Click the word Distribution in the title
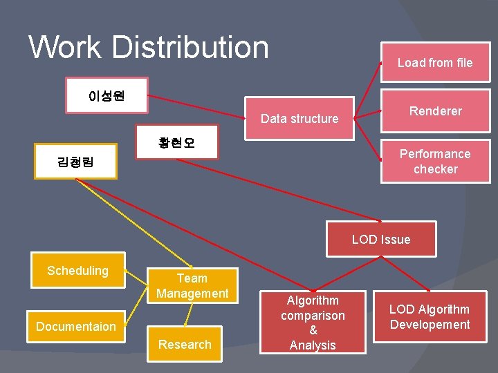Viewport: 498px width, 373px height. click(x=190, y=47)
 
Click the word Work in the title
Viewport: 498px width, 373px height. click(x=66, y=47)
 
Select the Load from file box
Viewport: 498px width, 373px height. click(x=435, y=63)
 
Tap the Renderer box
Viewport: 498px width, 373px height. click(x=435, y=111)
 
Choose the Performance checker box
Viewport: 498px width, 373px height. click(x=435, y=161)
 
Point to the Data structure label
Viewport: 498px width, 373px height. click(x=299, y=119)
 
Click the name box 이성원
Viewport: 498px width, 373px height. click(x=107, y=95)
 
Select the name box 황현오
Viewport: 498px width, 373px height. click(x=176, y=142)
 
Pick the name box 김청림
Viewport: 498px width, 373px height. click(x=76, y=162)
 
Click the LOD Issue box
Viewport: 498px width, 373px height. click(x=381, y=240)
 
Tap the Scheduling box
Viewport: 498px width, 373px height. click(x=77, y=270)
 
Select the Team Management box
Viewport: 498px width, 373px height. click(x=192, y=285)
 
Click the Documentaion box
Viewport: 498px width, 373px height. click(x=76, y=326)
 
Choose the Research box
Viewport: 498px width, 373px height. click(x=185, y=344)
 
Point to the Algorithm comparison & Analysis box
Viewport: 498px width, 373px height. click(x=313, y=323)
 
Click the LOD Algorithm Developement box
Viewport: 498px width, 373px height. click(x=430, y=317)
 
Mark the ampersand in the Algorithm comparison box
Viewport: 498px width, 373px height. click(x=313, y=330)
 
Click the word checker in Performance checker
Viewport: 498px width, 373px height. click(x=435, y=169)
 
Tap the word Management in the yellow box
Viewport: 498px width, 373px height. click(x=192, y=294)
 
